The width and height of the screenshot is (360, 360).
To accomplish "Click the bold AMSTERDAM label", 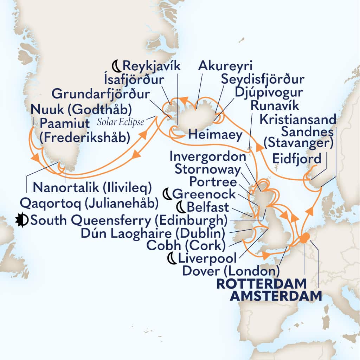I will (276, 296).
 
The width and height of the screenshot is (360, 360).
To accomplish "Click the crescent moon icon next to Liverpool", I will (171, 259).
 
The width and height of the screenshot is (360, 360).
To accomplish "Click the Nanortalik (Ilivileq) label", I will (92, 188).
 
